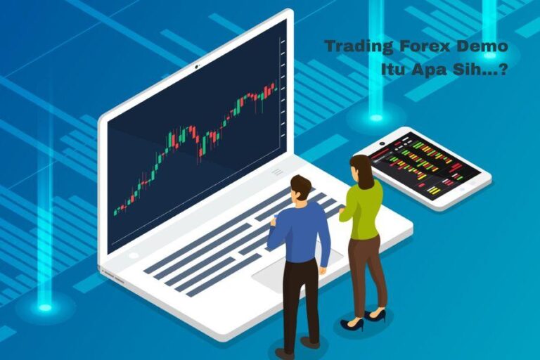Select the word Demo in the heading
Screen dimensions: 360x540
tap(482, 48)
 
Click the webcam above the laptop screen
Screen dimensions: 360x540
tap(197, 67)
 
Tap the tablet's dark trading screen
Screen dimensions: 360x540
tap(425, 166)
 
